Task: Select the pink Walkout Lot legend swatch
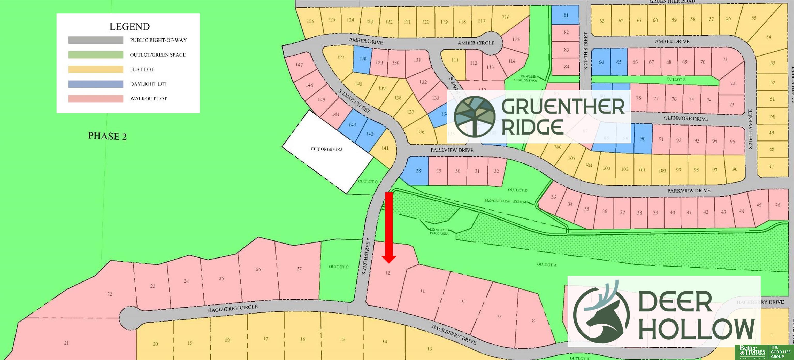point(96,99)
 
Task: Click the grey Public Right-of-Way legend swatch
point(96,40)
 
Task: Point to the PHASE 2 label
point(107,136)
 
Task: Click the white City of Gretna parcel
point(327,151)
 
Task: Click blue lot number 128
point(362,59)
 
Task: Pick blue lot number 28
point(418,171)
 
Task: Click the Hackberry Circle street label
point(232,308)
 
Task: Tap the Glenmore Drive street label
point(685,118)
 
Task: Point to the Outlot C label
point(338,267)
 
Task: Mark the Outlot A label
point(546,264)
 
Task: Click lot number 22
point(110,294)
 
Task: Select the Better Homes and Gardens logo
point(752,352)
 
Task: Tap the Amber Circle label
point(476,43)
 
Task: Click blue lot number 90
point(643,139)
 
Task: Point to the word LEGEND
point(129,27)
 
